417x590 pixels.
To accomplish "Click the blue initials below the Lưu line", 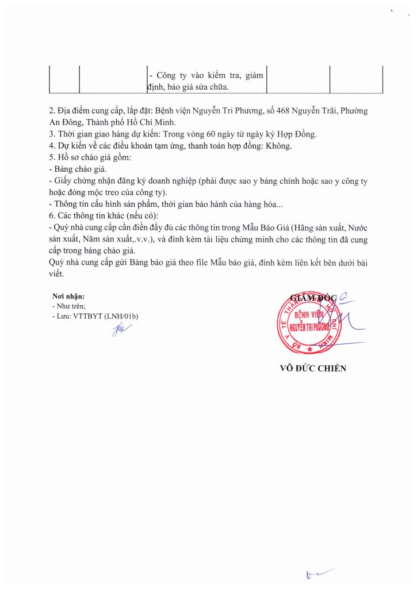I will click(x=121, y=329).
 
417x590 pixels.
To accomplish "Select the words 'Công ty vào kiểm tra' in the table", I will click(x=196, y=75).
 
